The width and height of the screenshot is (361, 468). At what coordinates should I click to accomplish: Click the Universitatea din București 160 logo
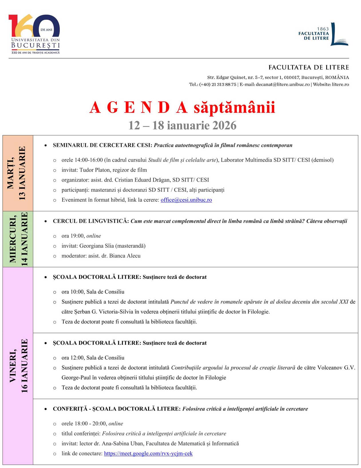coord(34,34)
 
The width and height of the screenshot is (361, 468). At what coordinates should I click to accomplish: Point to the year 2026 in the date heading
coord(224,125)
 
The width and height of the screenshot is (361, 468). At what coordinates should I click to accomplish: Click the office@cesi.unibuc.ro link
coord(186,200)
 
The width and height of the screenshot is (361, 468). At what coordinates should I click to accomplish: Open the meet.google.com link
coord(148,453)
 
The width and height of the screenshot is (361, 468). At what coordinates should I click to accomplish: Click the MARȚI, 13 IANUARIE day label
coord(18,173)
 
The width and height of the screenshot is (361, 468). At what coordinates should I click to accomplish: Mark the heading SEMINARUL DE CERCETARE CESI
coord(102,145)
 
